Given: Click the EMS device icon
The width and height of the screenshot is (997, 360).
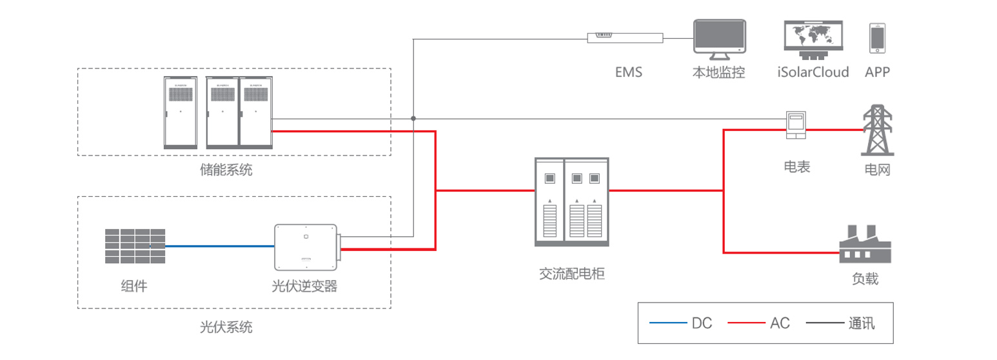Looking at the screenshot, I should (x=625, y=38).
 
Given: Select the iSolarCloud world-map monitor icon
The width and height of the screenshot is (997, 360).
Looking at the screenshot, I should (x=813, y=37).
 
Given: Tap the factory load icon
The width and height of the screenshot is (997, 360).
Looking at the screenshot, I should (x=864, y=244).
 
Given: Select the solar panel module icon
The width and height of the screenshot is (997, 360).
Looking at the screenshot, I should (x=135, y=246).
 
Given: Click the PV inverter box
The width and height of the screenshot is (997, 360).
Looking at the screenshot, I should (x=305, y=247).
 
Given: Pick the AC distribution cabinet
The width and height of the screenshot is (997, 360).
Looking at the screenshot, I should (x=571, y=202).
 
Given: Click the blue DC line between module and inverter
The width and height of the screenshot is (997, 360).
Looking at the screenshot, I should (x=219, y=246).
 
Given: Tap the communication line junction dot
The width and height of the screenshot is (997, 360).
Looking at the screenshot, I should (x=413, y=119).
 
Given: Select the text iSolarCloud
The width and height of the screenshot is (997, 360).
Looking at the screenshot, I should (x=813, y=72).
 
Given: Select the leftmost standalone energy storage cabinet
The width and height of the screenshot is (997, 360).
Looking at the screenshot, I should (x=180, y=113).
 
